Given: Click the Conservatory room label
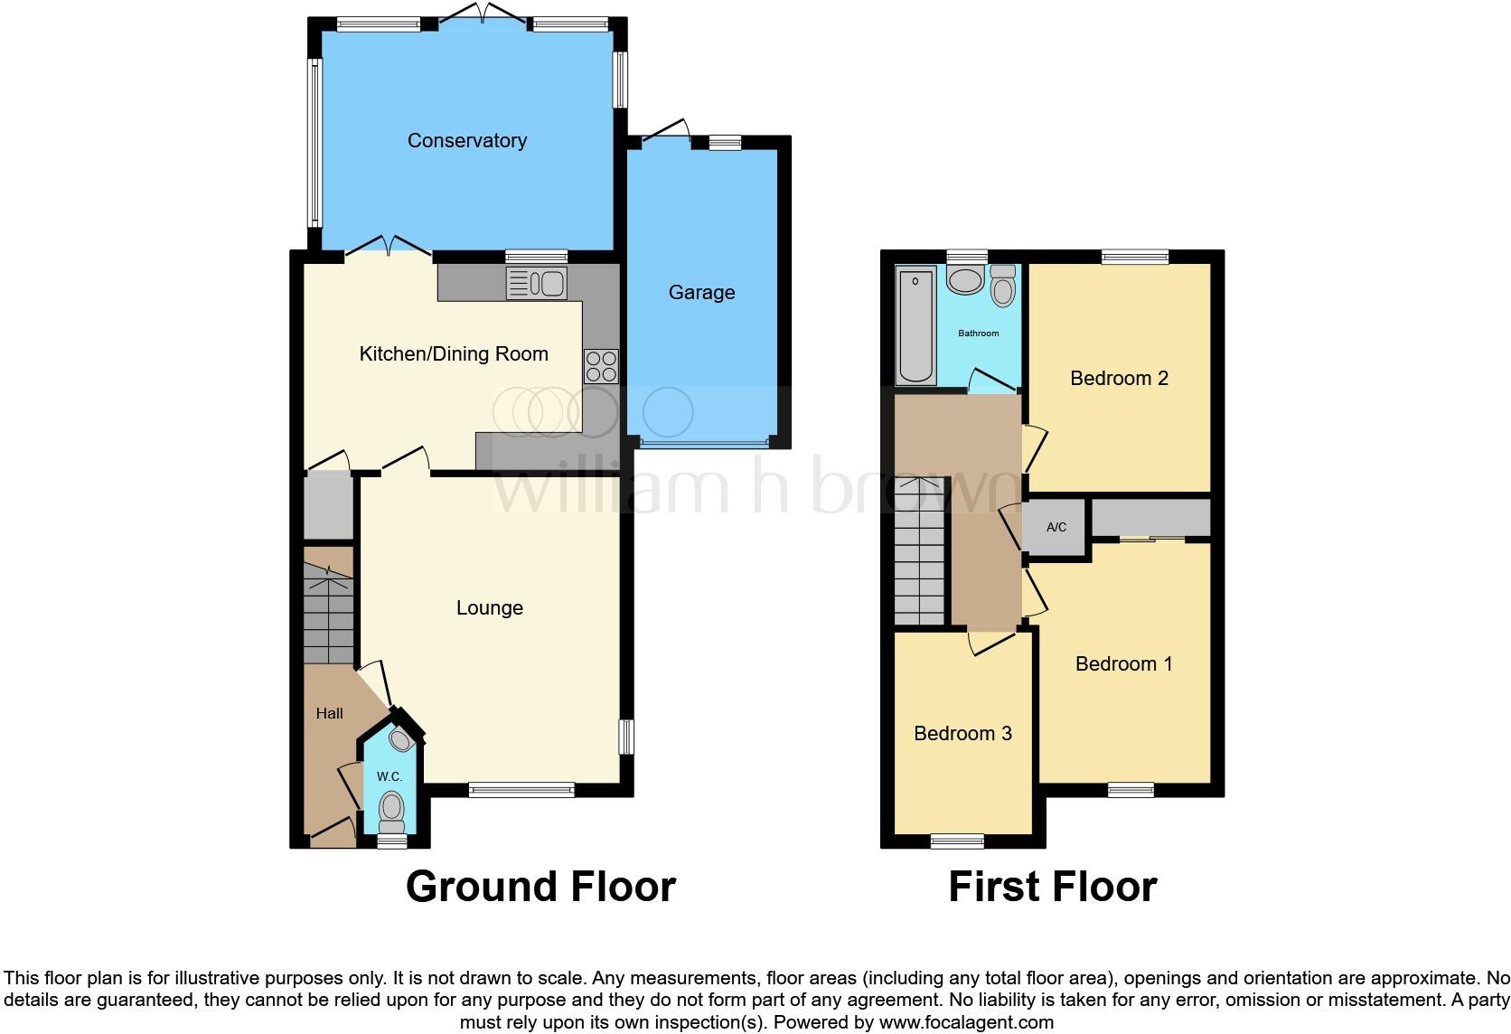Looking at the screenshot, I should (x=466, y=140).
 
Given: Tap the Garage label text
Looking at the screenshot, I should (x=701, y=292).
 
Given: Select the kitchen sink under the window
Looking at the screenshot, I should (x=536, y=284).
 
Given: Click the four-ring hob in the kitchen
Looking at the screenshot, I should (x=601, y=366).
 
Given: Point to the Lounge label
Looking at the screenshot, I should (x=489, y=607).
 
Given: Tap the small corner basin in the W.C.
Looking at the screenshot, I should (x=400, y=739).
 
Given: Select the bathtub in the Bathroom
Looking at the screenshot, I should (x=916, y=325).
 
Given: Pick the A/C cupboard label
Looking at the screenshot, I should (x=1056, y=527).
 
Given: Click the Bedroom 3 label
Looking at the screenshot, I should (x=962, y=733).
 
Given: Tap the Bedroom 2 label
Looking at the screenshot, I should (x=1119, y=378).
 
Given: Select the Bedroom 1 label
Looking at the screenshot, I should (x=1123, y=663).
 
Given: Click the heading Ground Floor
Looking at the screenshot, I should (x=540, y=887).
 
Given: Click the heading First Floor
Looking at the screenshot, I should (x=1052, y=887).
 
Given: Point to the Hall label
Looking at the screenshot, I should (x=329, y=713).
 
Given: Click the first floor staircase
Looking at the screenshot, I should (x=920, y=551).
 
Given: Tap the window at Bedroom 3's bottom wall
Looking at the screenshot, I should (x=957, y=841).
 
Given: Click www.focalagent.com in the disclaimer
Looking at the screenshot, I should (x=966, y=1023).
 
